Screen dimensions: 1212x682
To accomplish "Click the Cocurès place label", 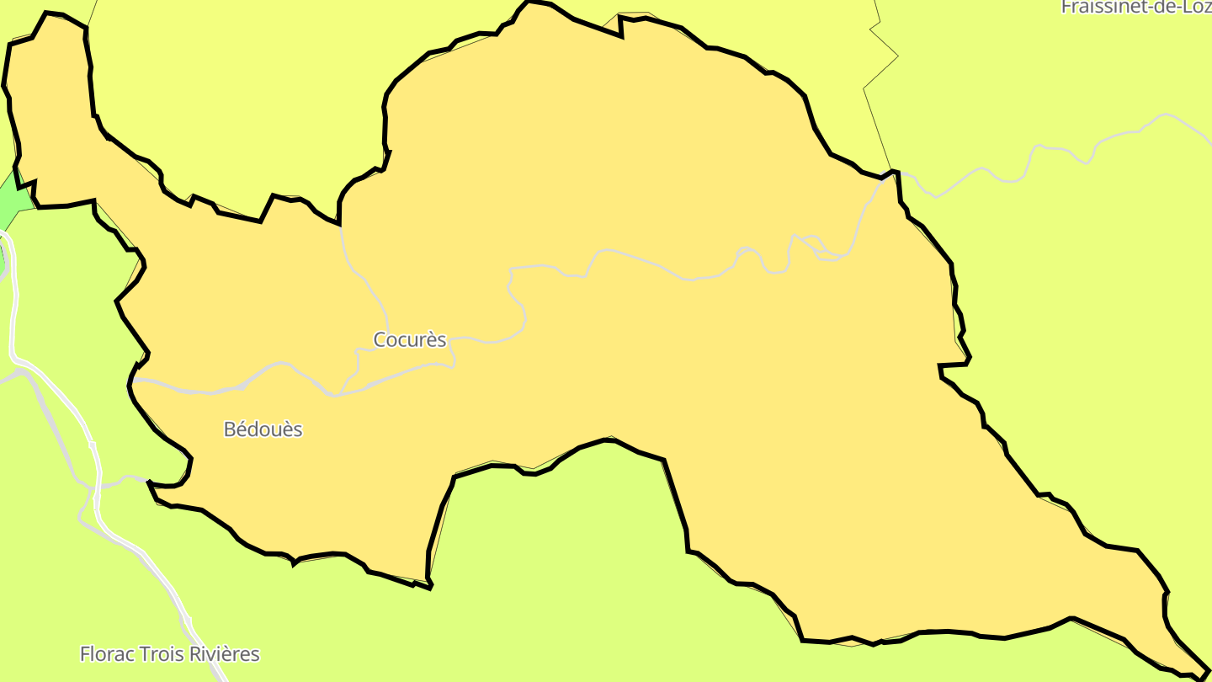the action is coord(409,339).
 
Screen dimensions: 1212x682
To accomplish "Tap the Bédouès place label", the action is coord(263,429).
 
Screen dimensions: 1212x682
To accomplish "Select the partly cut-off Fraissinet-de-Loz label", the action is coord(1135,7).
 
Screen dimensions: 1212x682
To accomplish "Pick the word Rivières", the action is coord(223,654).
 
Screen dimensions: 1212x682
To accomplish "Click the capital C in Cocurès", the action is coord(380,339).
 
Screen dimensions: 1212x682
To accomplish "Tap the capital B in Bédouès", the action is coord(229,429).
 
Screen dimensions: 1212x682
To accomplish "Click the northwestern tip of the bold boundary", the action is coord(47,13).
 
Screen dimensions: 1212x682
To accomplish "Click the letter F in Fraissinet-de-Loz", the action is coord(1066,7).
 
